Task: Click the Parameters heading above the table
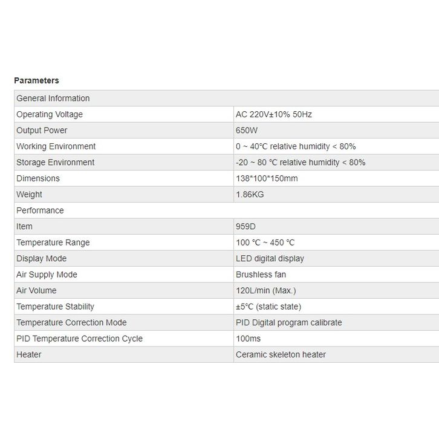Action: (x=36, y=80)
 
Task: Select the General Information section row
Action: (x=53, y=99)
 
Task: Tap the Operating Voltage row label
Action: (x=50, y=114)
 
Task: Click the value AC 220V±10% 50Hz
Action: (x=274, y=114)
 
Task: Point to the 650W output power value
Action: (x=248, y=131)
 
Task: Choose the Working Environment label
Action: (x=56, y=146)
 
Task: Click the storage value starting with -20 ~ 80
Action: (x=301, y=163)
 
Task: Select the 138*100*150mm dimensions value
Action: (x=267, y=178)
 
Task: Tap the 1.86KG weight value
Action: (x=250, y=195)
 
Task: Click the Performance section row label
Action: (x=40, y=210)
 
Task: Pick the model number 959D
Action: (x=246, y=227)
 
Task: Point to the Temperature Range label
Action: (x=53, y=242)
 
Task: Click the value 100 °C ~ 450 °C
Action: (x=265, y=242)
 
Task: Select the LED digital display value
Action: (x=270, y=259)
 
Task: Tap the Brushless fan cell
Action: (x=261, y=275)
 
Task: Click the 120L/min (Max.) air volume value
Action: (x=266, y=291)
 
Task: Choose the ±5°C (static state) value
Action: (x=268, y=307)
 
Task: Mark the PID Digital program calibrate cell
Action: (x=288, y=323)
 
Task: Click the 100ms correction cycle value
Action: (x=248, y=339)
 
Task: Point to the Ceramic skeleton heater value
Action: (x=281, y=355)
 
